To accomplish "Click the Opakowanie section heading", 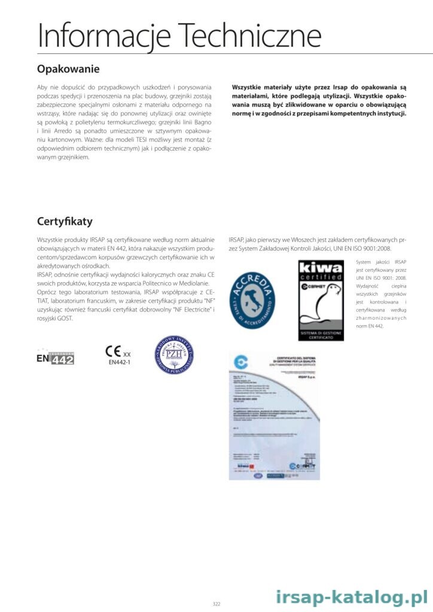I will [x=68, y=69].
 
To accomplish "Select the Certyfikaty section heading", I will [x=65, y=222].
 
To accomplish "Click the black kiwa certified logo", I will [x=321, y=300].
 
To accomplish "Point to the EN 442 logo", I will [x=55, y=357].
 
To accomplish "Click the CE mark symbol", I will [x=113, y=351].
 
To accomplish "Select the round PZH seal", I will [x=173, y=354].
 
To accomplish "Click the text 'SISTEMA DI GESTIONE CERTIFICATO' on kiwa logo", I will [x=321, y=335].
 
